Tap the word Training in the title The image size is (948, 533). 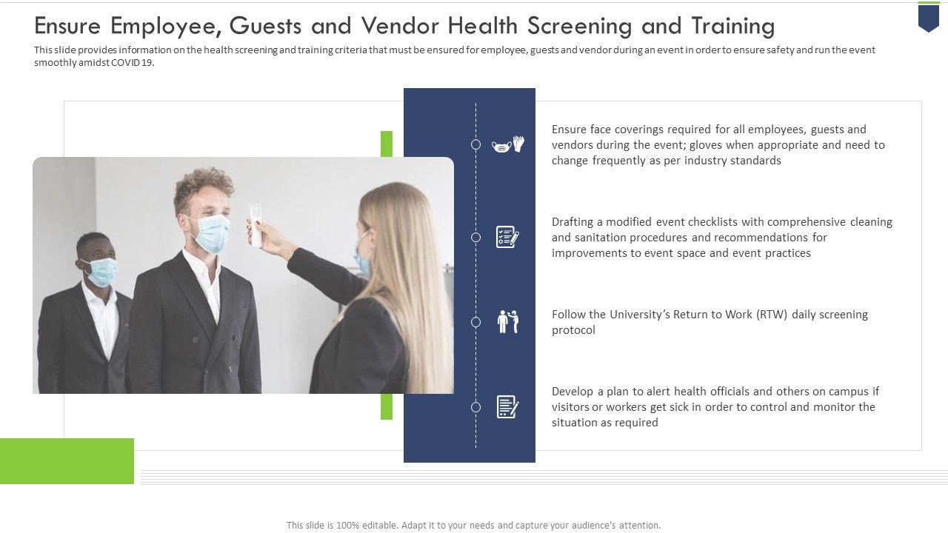[x=733, y=26]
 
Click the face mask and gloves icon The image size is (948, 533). [x=508, y=144]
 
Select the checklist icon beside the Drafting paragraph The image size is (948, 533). [x=507, y=237]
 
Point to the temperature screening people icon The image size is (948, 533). [x=508, y=322]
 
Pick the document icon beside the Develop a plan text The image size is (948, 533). [x=507, y=407]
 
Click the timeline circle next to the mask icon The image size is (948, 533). [x=475, y=144]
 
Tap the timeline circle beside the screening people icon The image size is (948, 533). [x=475, y=322]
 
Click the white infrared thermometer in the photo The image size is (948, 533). [x=256, y=226]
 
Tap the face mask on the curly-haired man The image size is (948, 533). [x=211, y=233]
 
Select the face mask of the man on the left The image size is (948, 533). [x=101, y=272]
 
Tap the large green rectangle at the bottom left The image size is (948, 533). [x=67, y=461]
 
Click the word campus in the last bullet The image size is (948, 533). [x=847, y=392]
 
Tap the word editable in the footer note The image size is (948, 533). [x=380, y=526]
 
